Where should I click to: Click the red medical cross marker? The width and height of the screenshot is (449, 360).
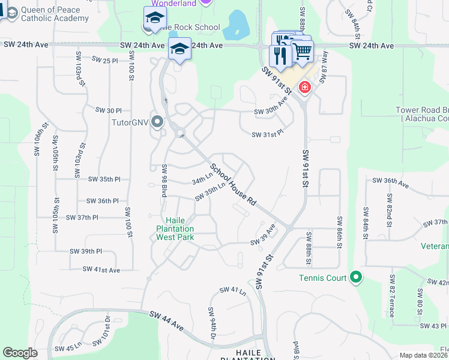click(x=305, y=88)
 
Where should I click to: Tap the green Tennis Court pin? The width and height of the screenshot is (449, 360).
click(x=356, y=277)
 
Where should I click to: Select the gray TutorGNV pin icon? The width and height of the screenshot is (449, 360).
click(x=158, y=122)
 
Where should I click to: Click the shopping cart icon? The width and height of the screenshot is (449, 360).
click(x=303, y=53)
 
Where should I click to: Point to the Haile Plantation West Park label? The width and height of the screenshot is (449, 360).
click(x=175, y=229)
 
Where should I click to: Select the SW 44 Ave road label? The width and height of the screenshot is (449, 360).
click(x=166, y=319)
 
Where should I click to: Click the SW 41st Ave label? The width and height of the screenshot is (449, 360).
click(x=101, y=270)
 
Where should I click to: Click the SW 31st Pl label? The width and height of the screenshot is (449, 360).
click(x=267, y=134)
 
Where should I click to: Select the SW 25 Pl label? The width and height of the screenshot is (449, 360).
click(x=104, y=60)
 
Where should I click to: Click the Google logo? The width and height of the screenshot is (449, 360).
click(x=20, y=352)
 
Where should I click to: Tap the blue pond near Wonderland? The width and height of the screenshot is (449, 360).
click(x=238, y=23)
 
